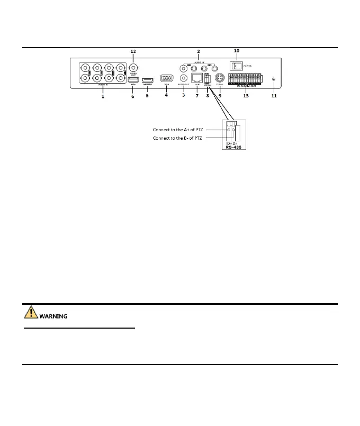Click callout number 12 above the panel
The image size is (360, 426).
point(133,51)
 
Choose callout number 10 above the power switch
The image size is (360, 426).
point(237,51)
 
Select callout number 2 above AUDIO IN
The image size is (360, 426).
point(198,51)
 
